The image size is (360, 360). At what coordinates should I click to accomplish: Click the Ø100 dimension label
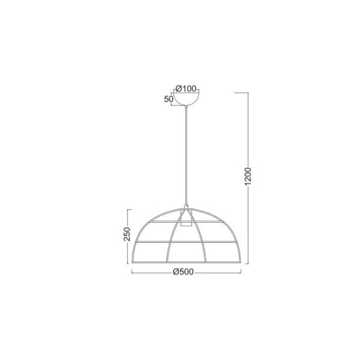tap(187, 88)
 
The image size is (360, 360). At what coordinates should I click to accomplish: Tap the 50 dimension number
tap(170, 99)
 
